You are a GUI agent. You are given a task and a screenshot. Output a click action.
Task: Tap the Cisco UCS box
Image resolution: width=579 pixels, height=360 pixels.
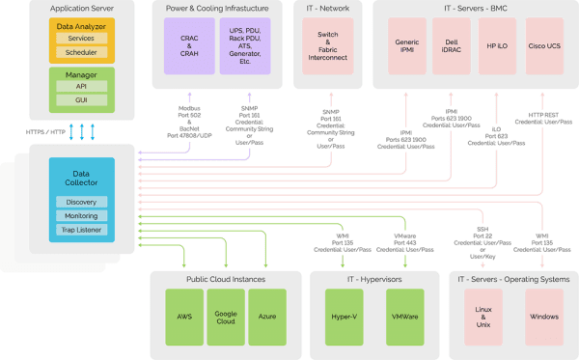[544, 49]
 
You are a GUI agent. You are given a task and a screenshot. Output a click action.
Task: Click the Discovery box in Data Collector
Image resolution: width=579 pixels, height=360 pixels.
[81, 203]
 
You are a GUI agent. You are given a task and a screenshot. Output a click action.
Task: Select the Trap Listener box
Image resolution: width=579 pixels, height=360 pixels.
[81, 232]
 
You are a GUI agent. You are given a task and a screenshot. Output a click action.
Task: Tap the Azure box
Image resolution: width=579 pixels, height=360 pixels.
[267, 316]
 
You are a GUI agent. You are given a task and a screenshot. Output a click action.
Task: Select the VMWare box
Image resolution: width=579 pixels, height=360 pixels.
[404, 316]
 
